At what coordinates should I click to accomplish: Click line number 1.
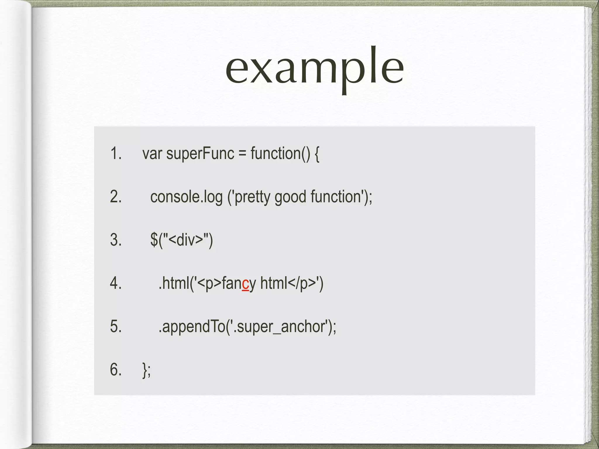click(116, 153)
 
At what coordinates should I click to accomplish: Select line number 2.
click(116, 196)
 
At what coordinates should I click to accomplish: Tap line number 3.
click(116, 240)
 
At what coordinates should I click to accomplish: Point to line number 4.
click(116, 283)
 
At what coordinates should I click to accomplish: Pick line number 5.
click(116, 326)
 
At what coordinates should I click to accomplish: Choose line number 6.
click(116, 369)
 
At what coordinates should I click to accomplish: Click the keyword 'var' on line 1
click(152, 154)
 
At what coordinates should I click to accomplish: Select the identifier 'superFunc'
click(200, 154)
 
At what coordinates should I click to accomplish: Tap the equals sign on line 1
click(242, 154)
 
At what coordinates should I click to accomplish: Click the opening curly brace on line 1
click(317, 154)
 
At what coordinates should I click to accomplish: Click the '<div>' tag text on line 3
click(186, 240)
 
